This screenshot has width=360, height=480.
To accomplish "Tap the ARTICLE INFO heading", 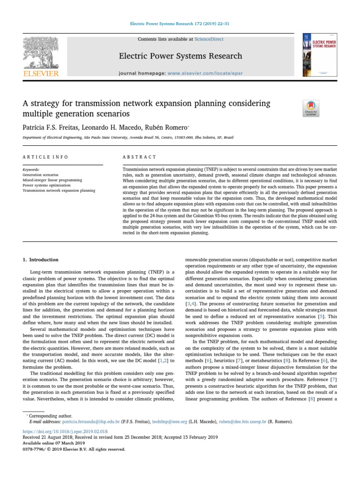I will point(45,157).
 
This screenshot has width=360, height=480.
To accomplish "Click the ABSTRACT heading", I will point(139,157).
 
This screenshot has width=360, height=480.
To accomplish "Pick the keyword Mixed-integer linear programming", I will point(52,180).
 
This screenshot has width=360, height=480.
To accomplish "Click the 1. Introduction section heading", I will point(41,260).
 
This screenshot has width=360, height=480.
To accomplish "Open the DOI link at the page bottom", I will point(65,431).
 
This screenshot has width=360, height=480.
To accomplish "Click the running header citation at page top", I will point(180,23).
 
